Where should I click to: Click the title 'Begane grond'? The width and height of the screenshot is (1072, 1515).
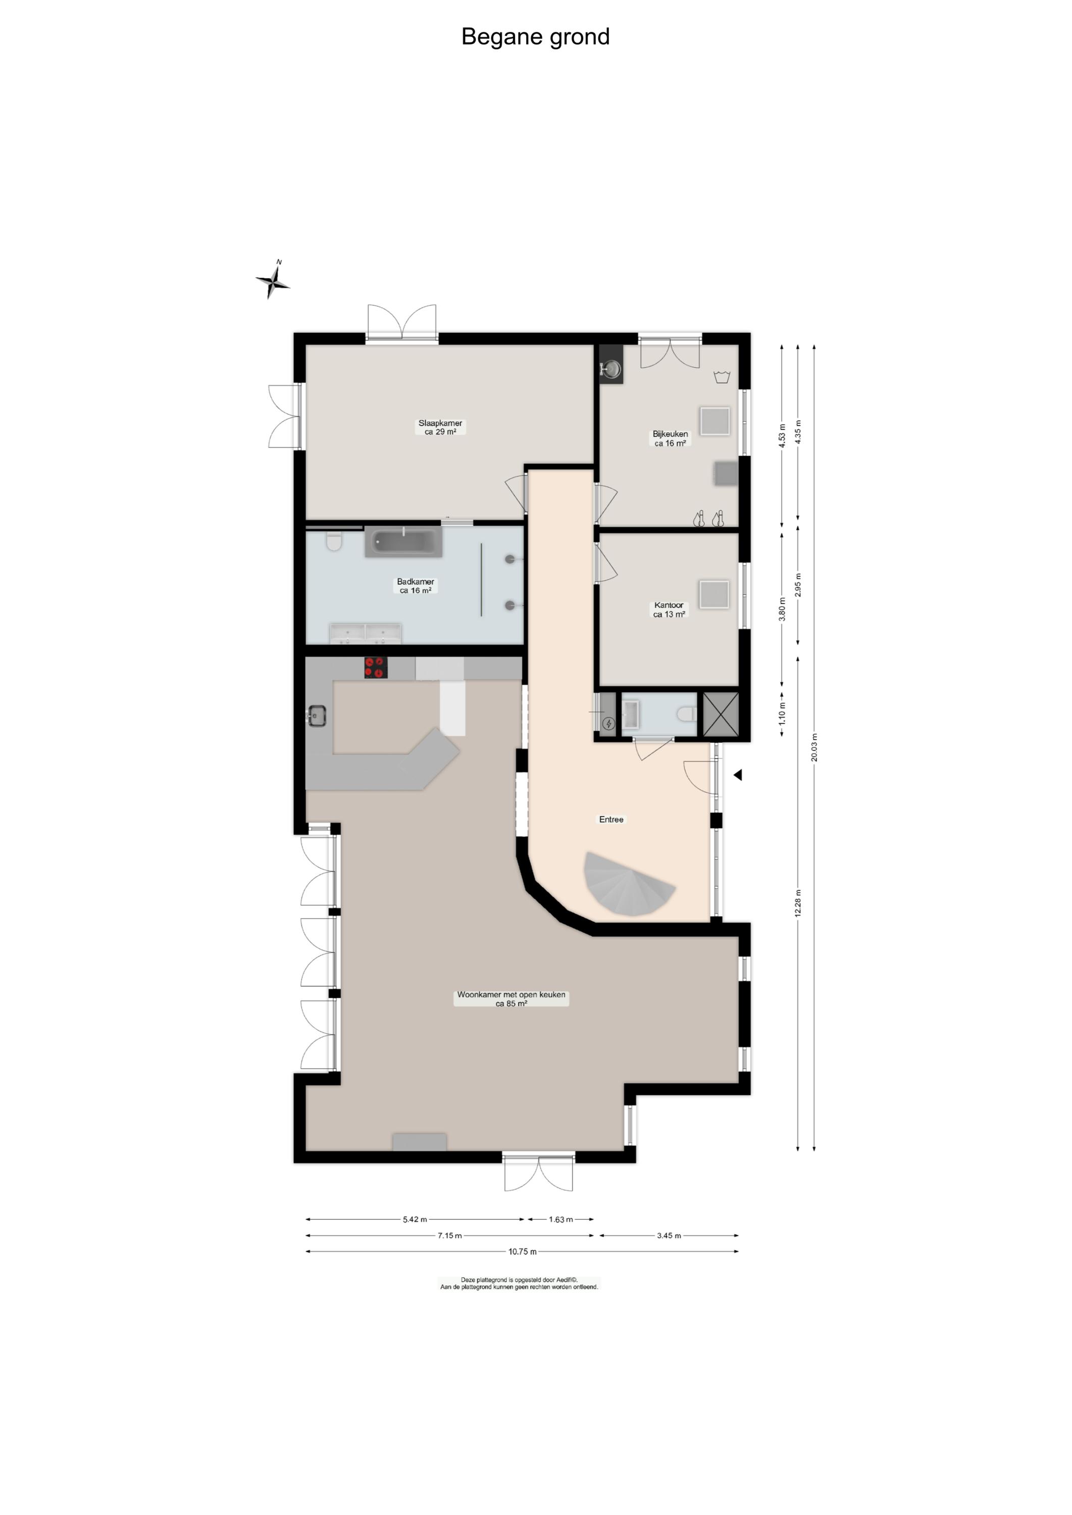click(535, 37)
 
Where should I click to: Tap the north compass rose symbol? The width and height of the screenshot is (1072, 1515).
click(273, 281)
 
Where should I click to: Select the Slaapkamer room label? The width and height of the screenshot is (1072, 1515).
click(440, 427)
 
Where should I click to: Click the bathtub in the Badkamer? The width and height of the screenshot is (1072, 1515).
click(403, 543)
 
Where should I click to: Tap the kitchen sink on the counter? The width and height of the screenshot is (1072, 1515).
click(317, 716)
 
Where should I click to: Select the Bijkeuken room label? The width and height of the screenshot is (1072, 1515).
click(670, 438)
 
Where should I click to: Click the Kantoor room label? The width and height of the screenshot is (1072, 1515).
click(669, 610)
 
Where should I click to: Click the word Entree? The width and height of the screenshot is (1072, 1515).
click(611, 819)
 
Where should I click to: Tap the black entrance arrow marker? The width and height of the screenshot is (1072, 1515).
click(738, 775)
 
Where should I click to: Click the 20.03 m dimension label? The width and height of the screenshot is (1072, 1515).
click(814, 747)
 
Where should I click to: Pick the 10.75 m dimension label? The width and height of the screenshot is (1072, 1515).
click(522, 1251)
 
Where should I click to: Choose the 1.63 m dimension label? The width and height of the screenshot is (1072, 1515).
click(560, 1219)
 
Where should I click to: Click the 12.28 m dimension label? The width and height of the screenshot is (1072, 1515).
click(798, 903)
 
